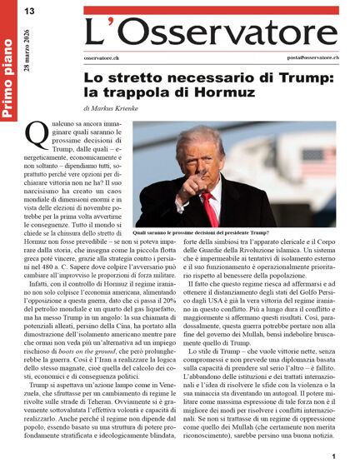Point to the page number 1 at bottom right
[x=333, y=456]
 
